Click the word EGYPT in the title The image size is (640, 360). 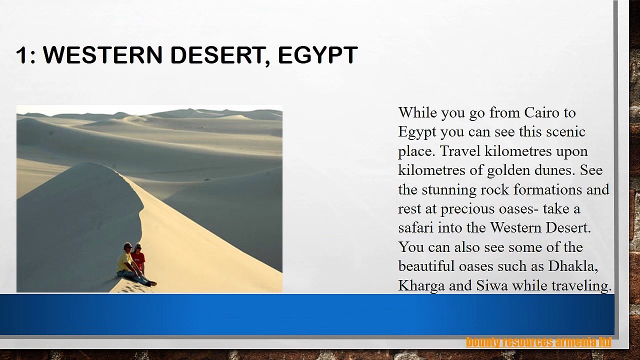[x=317, y=55]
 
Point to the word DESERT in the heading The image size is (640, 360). [x=217, y=55]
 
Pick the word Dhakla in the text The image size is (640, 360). [x=573, y=266]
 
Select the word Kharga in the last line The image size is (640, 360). [x=421, y=286]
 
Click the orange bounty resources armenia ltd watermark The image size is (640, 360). [x=538, y=342]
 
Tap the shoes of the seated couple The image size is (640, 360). [x=151, y=283]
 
